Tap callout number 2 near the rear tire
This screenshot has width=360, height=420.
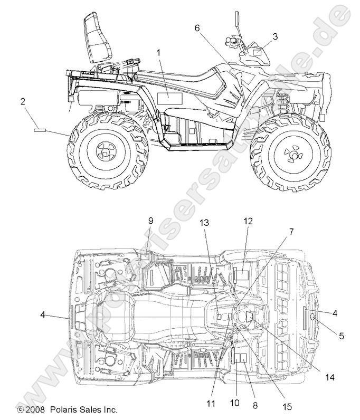[x=23, y=101]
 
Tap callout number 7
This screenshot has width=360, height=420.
[x=291, y=231]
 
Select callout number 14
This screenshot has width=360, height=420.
[x=330, y=377]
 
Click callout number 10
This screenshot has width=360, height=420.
[x=234, y=403]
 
